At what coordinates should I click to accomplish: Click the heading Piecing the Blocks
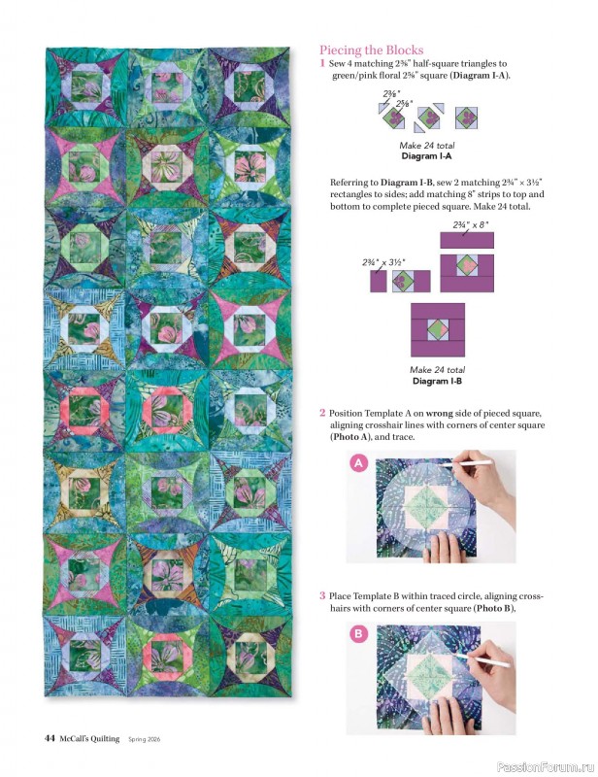coord(372,50)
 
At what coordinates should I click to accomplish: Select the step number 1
coord(322,63)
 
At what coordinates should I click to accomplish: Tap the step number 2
coord(322,414)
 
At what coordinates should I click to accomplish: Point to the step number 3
coord(322,595)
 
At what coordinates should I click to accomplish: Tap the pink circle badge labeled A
coord(357,465)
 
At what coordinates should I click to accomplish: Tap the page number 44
coord(49,739)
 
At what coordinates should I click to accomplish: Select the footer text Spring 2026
coord(150,740)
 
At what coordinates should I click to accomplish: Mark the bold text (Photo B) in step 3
coord(493,608)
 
